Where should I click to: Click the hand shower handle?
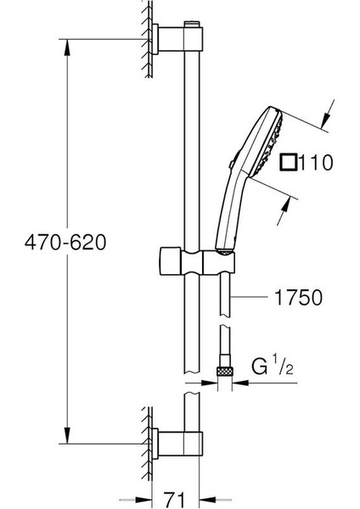click(234, 208)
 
